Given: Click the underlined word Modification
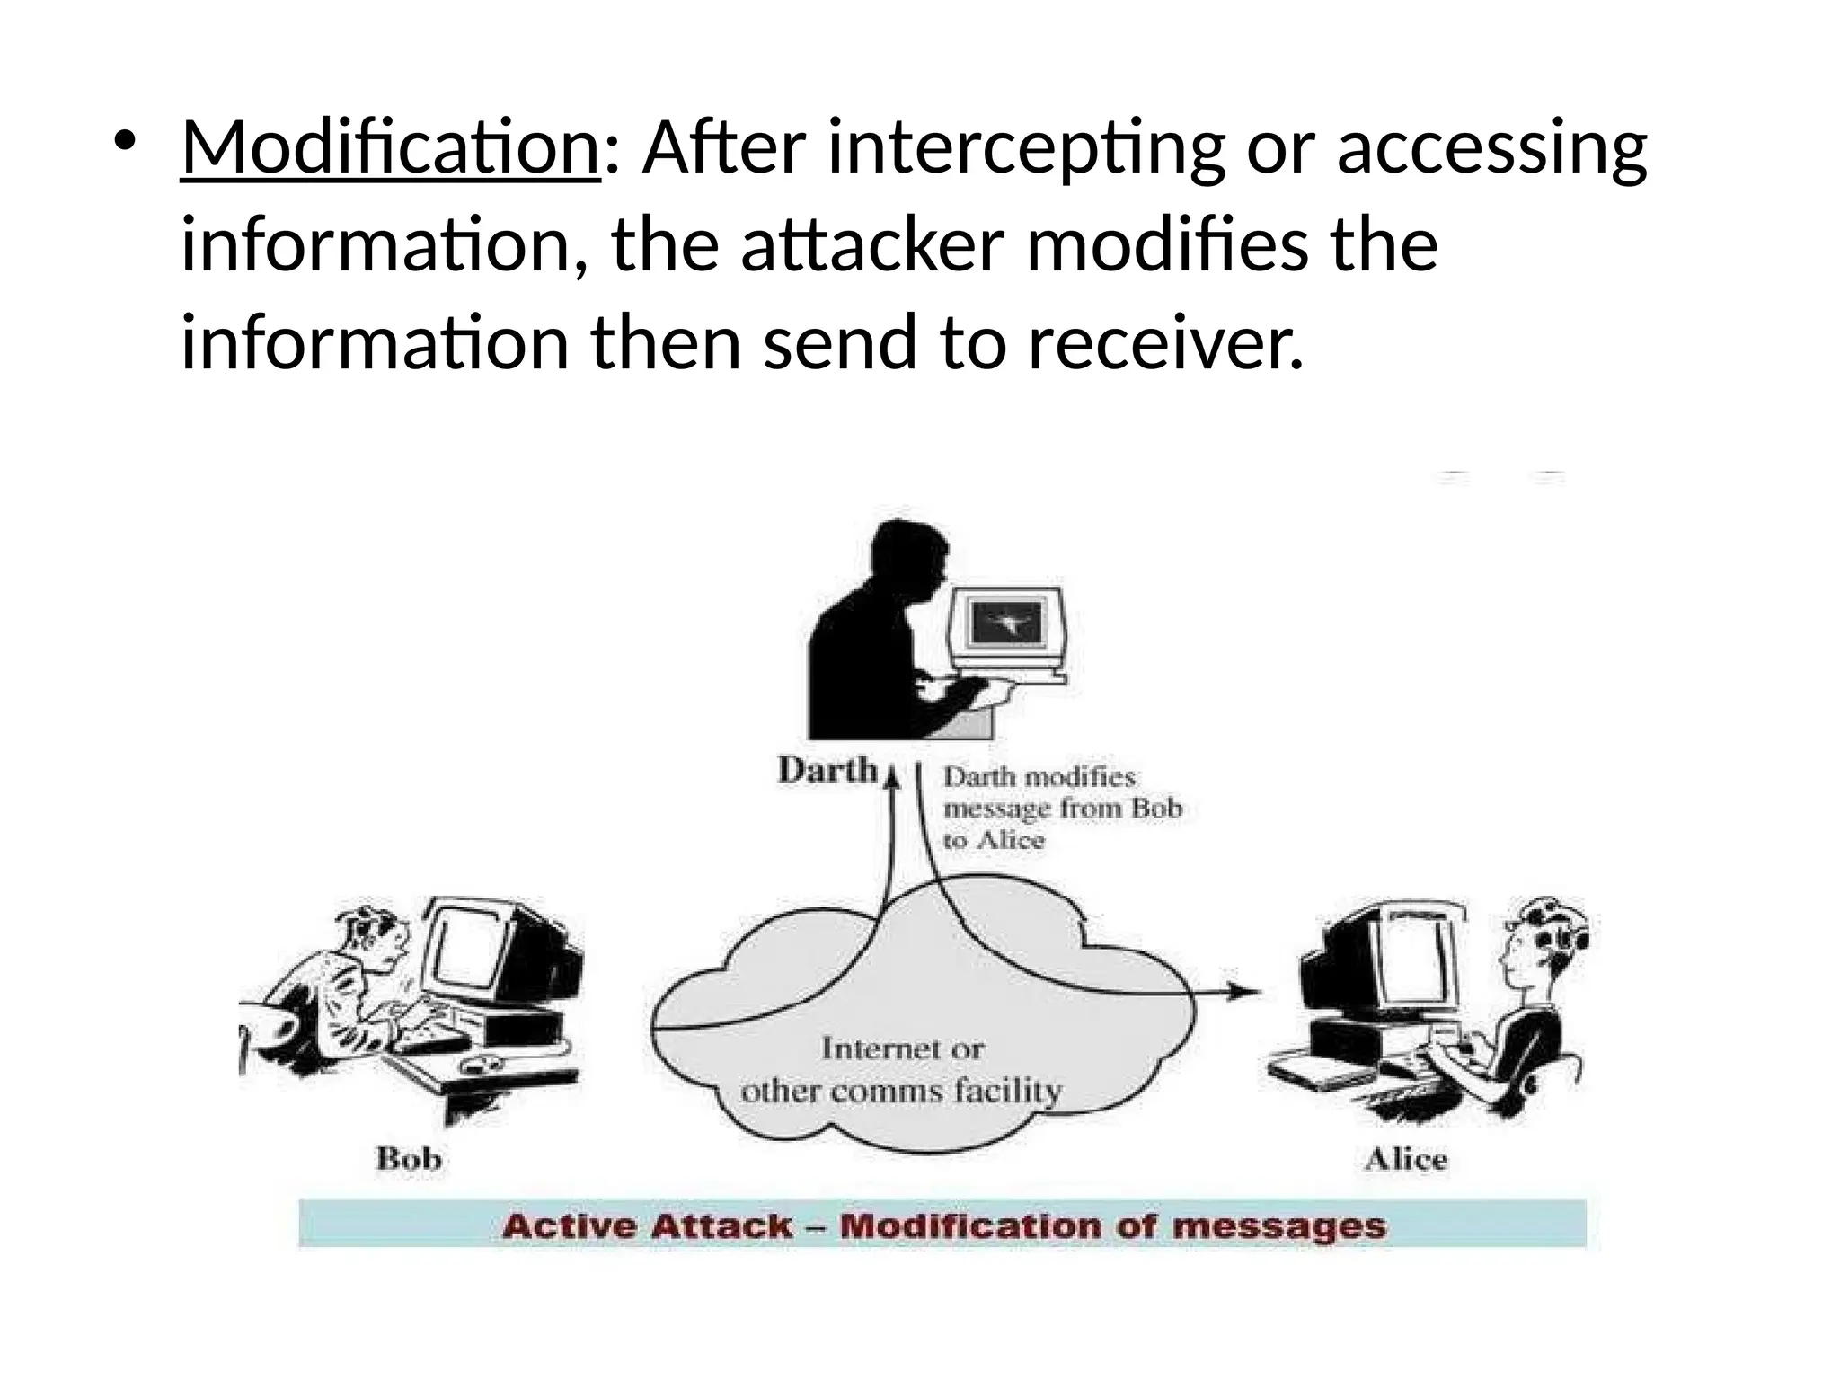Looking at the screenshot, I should (x=390, y=147).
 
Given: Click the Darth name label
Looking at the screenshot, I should (x=827, y=770).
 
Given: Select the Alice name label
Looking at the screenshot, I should (x=1406, y=1159).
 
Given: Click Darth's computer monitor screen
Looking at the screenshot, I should (x=1006, y=622).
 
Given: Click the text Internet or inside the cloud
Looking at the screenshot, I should (x=903, y=1048).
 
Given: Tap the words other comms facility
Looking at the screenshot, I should (x=901, y=1092).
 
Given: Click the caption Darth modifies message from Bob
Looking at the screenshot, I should (x=1060, y=808).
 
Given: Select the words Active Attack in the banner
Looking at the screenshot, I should (x=647, y=1226).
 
